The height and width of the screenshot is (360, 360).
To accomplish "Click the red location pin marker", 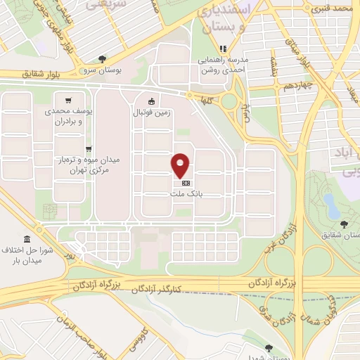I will (181, 165).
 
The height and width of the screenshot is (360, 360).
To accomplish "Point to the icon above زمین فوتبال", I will (151, 101).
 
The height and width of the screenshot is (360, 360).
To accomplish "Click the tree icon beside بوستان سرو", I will (103, 59).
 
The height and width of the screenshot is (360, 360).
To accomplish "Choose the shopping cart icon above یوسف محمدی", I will (67, 101).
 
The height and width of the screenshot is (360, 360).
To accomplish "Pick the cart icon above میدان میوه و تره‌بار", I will (89, 148).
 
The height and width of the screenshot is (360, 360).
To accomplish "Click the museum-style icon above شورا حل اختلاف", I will (26, 238).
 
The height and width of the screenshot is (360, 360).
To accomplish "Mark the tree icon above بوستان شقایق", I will (344, 225).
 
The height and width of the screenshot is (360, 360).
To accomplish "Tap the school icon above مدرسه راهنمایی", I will (222, 49).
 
